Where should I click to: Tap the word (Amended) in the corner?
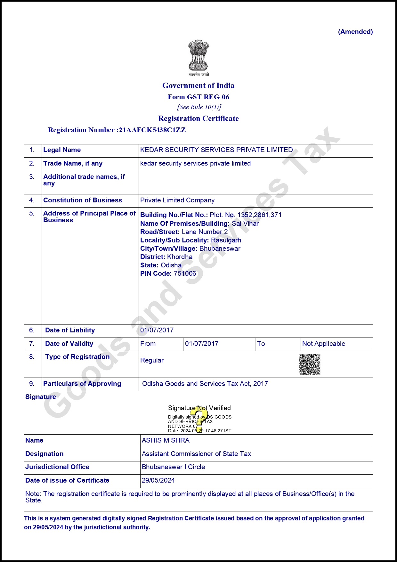pos(355,32)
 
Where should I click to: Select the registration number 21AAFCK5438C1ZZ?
pos(152,130)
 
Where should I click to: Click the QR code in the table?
pos(309,364)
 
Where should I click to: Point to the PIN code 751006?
pos(185,273)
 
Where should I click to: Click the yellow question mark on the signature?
pos(199,419)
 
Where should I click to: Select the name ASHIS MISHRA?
pos(166,440)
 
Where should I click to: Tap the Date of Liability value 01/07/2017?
pos(157,330)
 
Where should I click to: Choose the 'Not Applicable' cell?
pos(324,344)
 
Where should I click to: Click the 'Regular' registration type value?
pos(152,360)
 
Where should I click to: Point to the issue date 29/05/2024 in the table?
pos(158,480)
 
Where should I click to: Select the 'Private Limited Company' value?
pos(177,200)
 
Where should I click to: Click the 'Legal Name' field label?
pos(62,150)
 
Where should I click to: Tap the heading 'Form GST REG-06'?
pos(199,97)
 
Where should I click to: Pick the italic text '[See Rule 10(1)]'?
pos(199,107)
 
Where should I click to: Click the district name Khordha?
pos(180,257)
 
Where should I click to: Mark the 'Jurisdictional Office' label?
pos(57,467)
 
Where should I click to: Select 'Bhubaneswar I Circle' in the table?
pos(173,467)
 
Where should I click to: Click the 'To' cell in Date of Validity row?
pos(261,344)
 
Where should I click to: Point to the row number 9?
pos(32,384)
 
